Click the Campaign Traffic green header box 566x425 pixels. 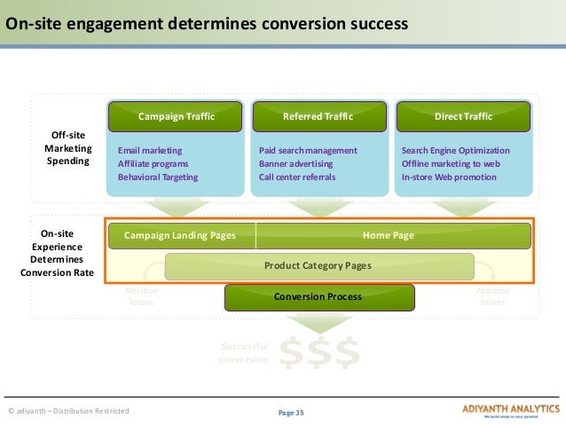(x=176, y=116)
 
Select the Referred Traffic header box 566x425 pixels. (x=318, y=116)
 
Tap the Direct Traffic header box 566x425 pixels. (x=463, y=116)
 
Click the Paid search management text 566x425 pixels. (x=308, y=151)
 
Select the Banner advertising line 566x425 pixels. (x=296, y=164)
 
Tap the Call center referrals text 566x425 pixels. (x=297, y=177)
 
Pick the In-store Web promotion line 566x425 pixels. (x=449, y=177)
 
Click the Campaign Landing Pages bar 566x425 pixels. (x=180, y=236)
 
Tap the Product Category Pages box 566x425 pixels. (x=318, y=265)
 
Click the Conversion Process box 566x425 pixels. (x=318, y=296)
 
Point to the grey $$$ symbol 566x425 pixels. (x=319, y=352)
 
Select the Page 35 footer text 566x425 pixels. (x=290, y=412)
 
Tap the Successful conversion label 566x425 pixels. (x=243, y=353)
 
